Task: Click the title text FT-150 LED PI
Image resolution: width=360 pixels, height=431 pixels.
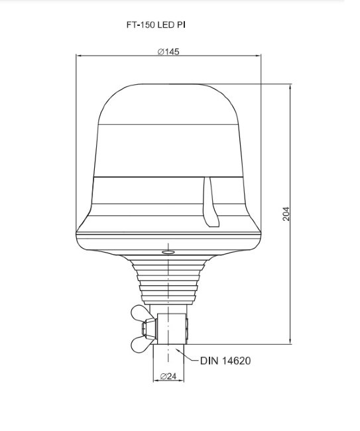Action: click(x=156, y=25)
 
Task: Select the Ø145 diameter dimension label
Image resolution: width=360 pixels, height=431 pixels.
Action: click(x=168, y=52)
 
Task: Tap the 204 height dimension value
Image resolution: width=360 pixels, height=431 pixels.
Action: click(x=286, y=214)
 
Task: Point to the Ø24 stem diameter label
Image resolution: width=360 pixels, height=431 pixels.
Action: click(x=168, y=376)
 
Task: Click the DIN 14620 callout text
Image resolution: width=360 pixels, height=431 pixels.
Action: click(x=225, y=361)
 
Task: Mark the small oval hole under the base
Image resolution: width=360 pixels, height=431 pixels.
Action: click(x=168, y=252)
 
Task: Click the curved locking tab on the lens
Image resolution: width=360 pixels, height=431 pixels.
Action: click(x=210, y=202)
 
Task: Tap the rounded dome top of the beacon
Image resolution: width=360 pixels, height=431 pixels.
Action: click(x=168, y=104)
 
